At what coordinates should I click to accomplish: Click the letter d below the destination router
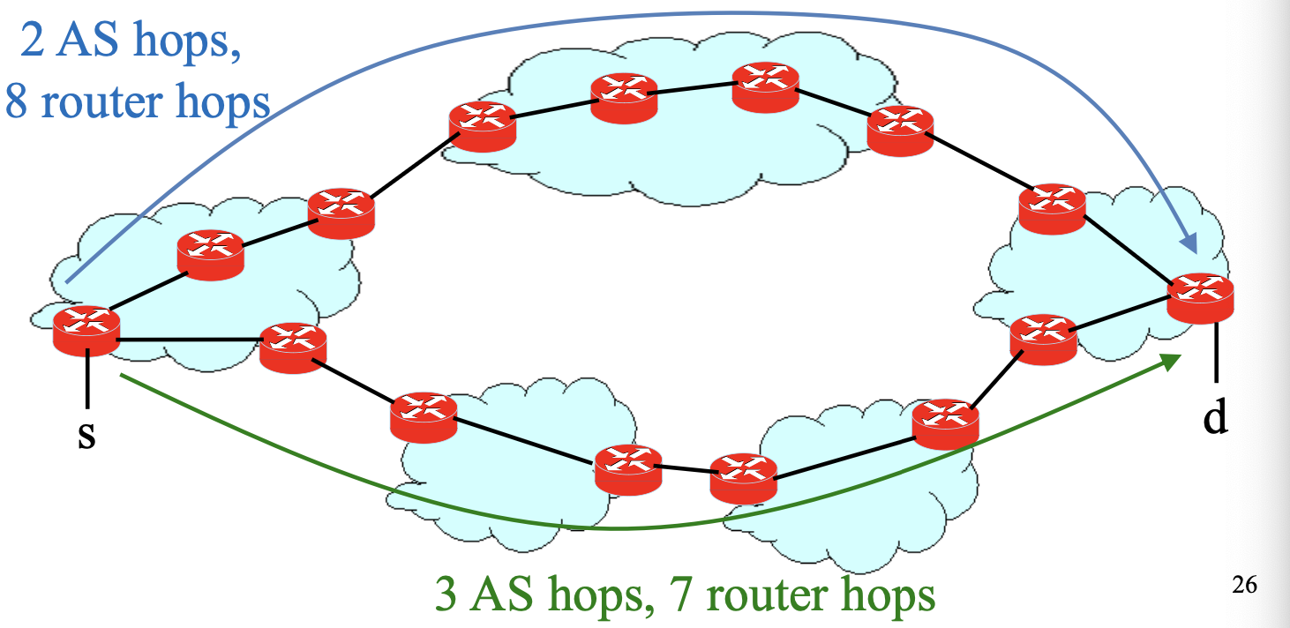pyautogui.click(x=1215, y=419)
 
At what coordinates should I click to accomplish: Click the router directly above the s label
pyautogui.click(x=86, y=331)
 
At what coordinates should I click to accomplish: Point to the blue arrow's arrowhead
pyautogui.click(x=1189, y=244)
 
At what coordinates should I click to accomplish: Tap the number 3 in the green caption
pyautogui.click(x=446, y=595)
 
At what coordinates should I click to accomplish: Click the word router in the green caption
pyautogui.click(x=761, y=595)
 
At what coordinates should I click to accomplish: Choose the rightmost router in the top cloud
pyautogui.click(x=900, y=131)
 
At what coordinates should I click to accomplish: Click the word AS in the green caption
pyautogui.click(x=498, y=595)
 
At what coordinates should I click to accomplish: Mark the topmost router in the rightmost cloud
pyautogui.click(x=1052, y=208)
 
